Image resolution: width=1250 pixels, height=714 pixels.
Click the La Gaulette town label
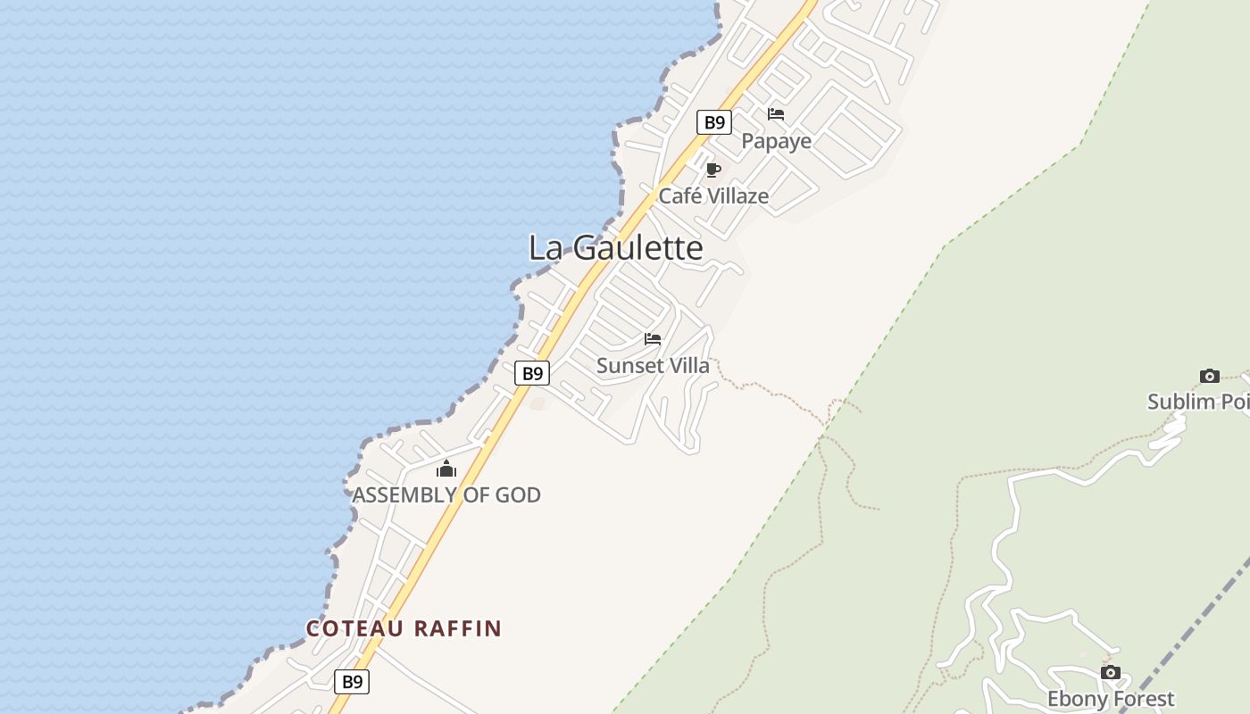coord(615,247)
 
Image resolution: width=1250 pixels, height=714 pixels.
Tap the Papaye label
coord(776,141)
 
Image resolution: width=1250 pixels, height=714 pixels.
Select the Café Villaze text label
coord(713,195)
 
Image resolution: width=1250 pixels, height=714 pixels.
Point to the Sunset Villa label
coord(653,365)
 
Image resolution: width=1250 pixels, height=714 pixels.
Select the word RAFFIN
coord(457,628)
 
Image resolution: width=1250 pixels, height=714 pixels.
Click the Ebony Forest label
coord(1110,699)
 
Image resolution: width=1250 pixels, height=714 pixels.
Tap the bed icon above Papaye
coord(776,114)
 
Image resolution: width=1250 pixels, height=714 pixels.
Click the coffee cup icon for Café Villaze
coord(712,170)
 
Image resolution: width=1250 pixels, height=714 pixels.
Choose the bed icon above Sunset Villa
coord(653,339)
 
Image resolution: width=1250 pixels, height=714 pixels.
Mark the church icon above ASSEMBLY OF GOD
coord(446,469)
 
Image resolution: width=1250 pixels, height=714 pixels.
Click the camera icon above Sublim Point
coord(1210,376)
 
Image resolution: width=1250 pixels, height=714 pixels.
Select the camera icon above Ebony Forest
coord(1110,672)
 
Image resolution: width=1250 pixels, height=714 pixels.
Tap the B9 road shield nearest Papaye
coord(714,122)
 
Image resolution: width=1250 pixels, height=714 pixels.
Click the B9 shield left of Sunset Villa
coord(532,373)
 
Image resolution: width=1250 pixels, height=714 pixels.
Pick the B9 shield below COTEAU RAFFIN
coord(352,682)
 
